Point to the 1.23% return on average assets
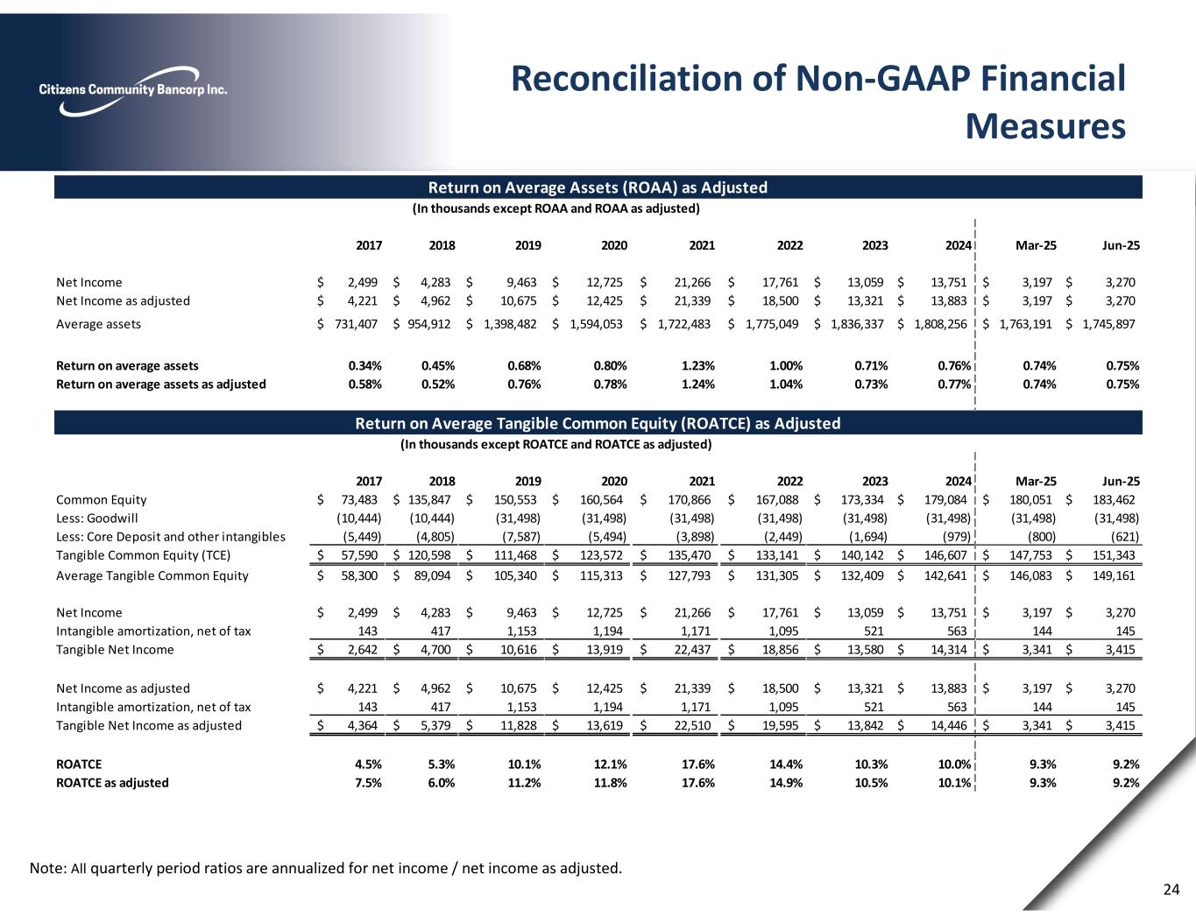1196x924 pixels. tap(697, 365)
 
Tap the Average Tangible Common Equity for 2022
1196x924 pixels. tap(775, 575)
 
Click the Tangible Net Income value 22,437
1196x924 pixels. tap(688, 649)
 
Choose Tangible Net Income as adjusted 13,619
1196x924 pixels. tap(602, 724)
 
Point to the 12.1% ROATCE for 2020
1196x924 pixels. tap(611, 764)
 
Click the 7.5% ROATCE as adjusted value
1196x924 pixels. tap(367, 782)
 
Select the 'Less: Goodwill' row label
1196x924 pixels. tap(96, 518)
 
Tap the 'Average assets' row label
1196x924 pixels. tap(98, 324)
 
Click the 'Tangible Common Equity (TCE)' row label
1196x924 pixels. tap(143, 554)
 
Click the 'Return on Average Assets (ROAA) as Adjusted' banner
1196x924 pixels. tap(598, 187)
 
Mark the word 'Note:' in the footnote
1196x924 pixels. tap(46, 869)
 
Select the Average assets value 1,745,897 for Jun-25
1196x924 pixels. tap(1109, 324)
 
